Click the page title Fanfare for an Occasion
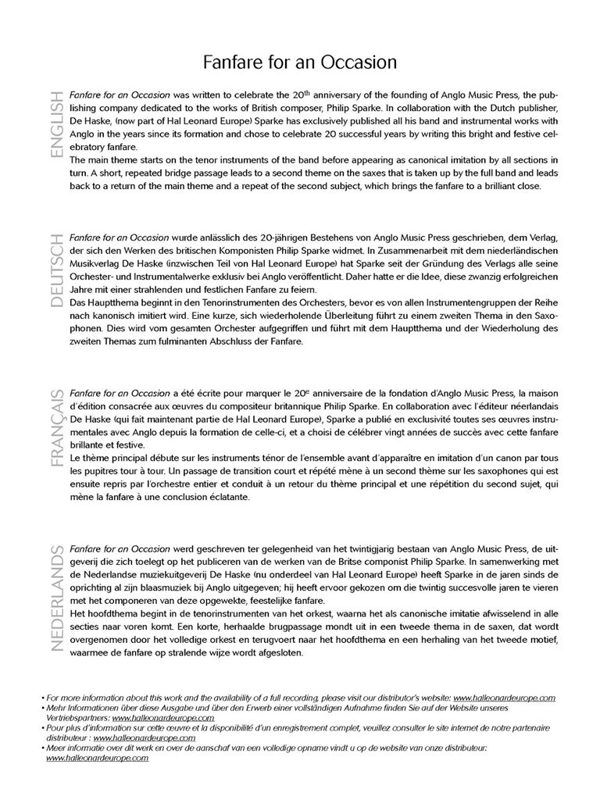click(300, 62)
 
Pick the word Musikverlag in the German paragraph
click(95, 263)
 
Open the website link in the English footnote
click(504, 698)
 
